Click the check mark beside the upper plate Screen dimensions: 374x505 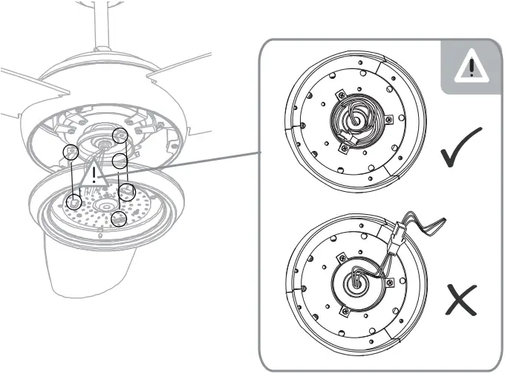coord(460,148)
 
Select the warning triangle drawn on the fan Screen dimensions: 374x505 coord(94,176)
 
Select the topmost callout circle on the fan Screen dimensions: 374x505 coord(119,135)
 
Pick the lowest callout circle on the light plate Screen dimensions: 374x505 coord(119,219)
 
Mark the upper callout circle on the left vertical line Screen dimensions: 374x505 coord(71,152)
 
